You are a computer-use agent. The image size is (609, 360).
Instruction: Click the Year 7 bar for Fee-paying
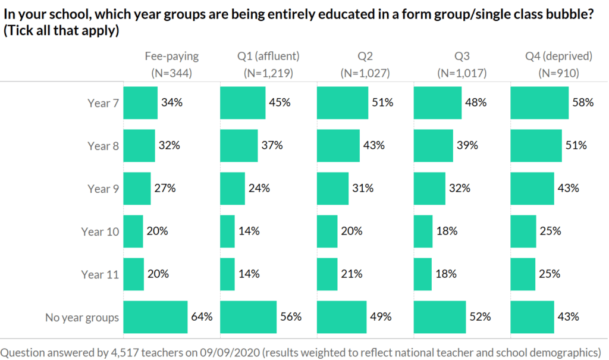[140, 103]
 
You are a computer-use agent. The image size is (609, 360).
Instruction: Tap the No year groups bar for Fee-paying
[155, 317]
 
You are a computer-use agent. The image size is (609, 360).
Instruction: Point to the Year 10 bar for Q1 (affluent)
[228, 231]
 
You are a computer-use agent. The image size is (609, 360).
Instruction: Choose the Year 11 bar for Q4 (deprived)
[523, 274]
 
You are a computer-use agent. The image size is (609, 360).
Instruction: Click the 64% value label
[202, 317]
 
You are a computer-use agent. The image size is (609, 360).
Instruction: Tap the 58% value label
[583, 103]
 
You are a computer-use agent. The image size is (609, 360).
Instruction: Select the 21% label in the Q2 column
[352, 274]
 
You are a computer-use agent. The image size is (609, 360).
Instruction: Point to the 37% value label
[269, 146]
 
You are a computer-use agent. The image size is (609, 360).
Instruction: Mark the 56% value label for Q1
[291, 317]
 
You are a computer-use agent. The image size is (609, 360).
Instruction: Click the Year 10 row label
[101, 231]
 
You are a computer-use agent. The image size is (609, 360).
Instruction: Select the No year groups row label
[82, 317]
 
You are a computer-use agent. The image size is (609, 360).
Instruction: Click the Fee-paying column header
[172, 57]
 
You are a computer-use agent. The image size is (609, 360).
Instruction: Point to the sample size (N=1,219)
[268, 74]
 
